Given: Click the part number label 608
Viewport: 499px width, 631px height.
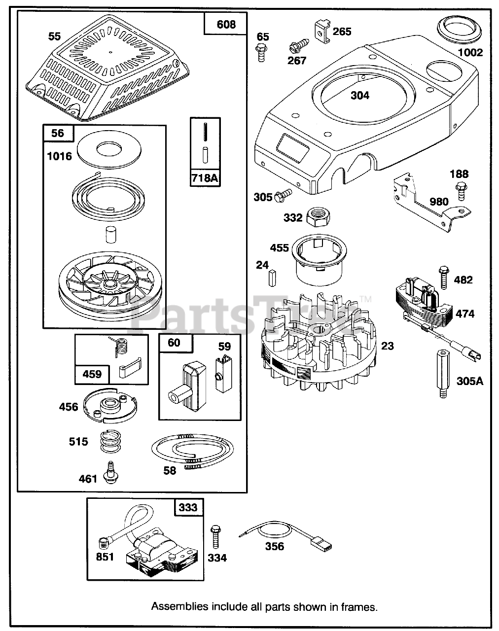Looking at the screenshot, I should point(226,24).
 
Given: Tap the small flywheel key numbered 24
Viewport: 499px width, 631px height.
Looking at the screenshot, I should point(272,278).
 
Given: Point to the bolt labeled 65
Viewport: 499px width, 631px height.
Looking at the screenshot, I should point(261,51).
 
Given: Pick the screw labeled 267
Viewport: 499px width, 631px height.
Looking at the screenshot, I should point(296,48).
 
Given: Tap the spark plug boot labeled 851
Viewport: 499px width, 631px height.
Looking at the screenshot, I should point(104,544).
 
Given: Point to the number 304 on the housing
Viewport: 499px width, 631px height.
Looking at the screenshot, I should point(359,95).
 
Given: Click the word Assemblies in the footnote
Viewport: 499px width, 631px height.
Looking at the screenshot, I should point(179,606).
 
